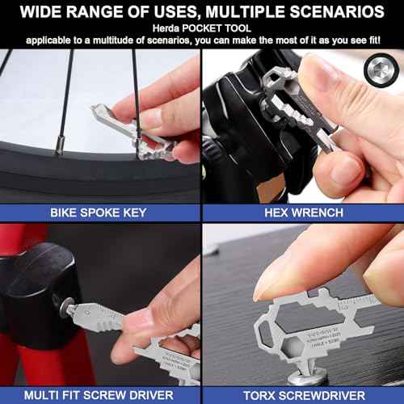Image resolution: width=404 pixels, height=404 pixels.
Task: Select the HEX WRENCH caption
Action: point(303,213)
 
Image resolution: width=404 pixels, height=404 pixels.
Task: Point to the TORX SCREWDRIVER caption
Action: point(303,393)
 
